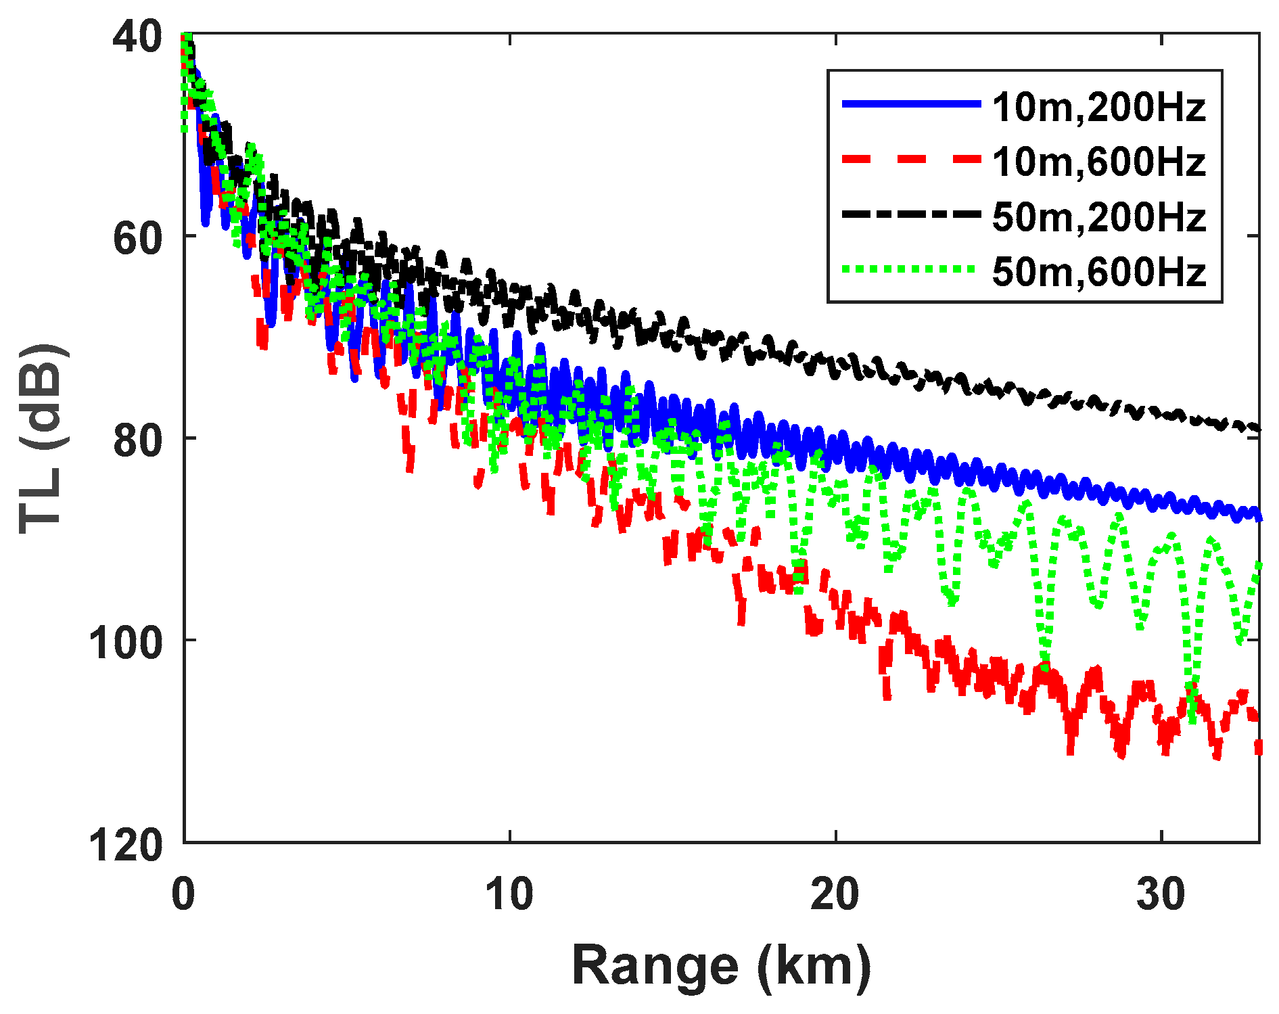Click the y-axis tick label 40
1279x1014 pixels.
(137, 36)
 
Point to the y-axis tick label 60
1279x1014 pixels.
(137, 237)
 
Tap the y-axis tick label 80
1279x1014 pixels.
(137, 440)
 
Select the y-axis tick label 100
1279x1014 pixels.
(126, 642)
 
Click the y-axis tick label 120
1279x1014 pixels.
(126, 844)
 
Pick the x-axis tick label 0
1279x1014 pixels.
(183, 894)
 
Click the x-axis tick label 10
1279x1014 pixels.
(509, 894)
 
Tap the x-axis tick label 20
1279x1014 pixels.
(836, 894)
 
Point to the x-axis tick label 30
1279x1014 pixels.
(1161, 894)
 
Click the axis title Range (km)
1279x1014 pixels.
(722, 967)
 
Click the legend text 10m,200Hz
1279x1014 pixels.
(1099, 107)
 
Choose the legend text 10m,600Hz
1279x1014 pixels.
(1099, 162)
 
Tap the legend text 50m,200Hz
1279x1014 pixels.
(1099, 216)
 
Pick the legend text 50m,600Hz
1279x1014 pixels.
(1099, 271)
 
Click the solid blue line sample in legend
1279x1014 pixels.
(911, 103)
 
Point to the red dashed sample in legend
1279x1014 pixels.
(911, 159)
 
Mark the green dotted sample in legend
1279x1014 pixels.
(911, 269)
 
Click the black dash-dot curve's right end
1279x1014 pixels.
(1257, 428)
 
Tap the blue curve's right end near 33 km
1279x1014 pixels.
(1257, 517)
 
